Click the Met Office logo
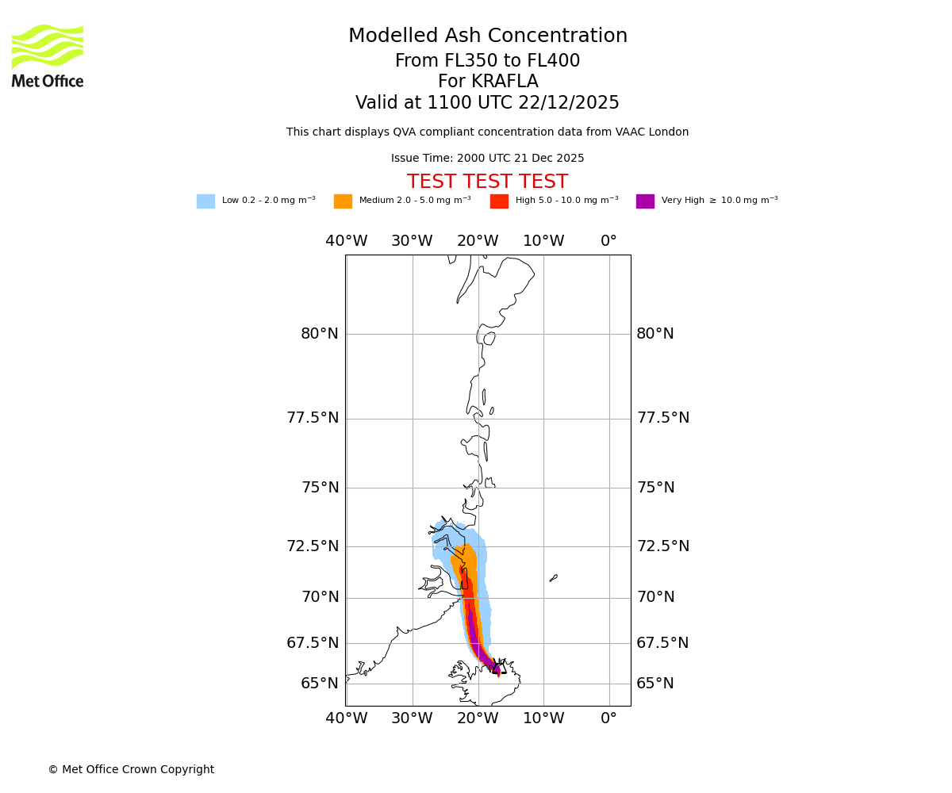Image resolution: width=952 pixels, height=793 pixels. point(48,56)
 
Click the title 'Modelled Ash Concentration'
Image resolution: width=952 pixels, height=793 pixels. point(488,36)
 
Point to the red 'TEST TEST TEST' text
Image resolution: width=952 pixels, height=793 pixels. point(487,182)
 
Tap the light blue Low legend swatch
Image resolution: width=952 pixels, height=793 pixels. point(205,201)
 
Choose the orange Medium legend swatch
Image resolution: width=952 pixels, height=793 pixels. point(343,201)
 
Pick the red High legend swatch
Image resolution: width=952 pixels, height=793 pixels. point(499,201)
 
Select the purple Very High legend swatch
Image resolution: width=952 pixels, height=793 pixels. point(645,201)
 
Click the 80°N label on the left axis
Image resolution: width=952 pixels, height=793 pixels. point(320,334)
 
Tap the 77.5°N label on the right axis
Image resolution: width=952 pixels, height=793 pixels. point(662,418)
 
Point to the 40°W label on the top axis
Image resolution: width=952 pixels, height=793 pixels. point(347,241)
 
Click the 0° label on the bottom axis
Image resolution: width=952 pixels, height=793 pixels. point(608,718)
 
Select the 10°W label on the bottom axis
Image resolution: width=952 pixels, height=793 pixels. point(543,718)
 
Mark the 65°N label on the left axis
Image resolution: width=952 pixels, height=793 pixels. point(320,684)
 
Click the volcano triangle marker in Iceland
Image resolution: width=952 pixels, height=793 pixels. point(499,667)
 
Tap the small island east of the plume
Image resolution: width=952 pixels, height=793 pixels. point(554,578)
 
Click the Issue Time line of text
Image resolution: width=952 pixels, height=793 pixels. point(487,159)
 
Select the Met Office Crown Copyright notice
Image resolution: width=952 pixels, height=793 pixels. point(131,769)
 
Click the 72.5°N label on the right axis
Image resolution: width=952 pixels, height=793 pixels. point(662,546)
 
